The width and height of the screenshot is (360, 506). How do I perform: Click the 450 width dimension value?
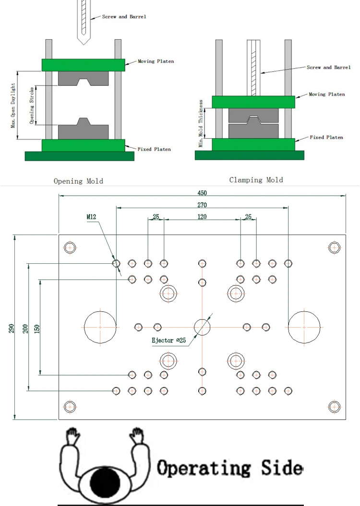click(202, 193)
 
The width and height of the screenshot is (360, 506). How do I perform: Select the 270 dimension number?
click(202, 205)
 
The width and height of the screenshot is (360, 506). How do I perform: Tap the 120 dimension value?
click(202, 217)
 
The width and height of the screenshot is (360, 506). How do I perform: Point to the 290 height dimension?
click(11, 328)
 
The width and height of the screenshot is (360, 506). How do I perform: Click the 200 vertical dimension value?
click(25, 328)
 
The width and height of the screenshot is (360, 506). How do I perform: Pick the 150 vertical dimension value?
click(37, 328)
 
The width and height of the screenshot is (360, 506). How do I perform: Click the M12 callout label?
click(92, 217)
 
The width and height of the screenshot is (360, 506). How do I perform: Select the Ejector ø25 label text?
click(168, 341)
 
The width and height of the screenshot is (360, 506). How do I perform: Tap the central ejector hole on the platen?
click(202, 327)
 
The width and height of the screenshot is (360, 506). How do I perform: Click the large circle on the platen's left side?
click(100, 327)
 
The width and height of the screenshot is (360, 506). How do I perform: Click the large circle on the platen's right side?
click(304, 327)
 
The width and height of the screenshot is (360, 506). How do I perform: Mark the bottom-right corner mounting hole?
click(334, 406)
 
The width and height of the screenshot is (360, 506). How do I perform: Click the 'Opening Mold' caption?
click(78, 181)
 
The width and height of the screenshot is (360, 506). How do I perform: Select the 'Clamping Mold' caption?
click(256, 180)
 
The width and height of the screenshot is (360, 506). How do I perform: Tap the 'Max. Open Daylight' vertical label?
click(13, 106)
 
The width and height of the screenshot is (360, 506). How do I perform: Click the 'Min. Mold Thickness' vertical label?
click(201, 123)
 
